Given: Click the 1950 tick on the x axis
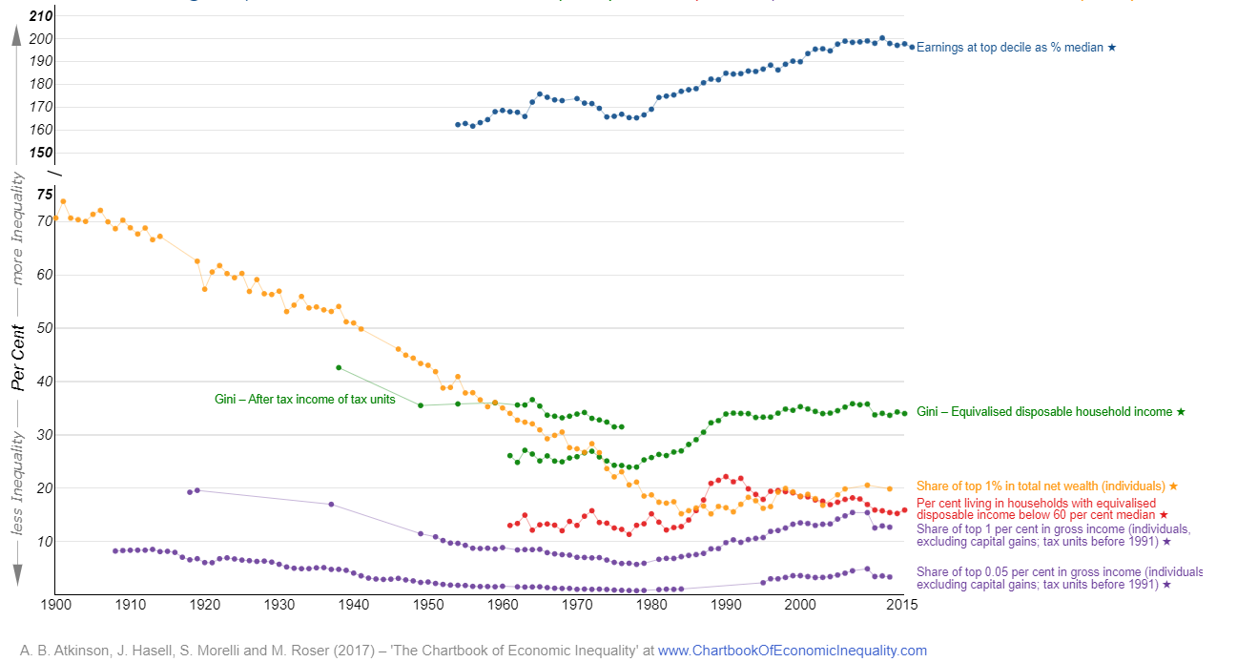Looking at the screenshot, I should click(x=428, y=605).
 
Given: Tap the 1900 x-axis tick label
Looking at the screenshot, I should click(x=56, y=605).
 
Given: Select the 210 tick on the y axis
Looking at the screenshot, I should click(x=40, y=16).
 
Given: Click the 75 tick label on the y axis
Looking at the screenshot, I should click(x=45, y=195).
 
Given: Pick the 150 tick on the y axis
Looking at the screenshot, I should click(x=41, y=154).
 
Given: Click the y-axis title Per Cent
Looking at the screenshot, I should click(x=17, y=358).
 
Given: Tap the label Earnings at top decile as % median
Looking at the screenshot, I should click(x=1016, y=47).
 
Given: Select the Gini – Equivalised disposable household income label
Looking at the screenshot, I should click(x=1050, y=412).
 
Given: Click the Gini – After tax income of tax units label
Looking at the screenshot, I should click(x=304, y=400).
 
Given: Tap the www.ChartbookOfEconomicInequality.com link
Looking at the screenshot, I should click(x=792, y=651).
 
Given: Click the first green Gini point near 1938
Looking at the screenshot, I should click(x=339, y=367).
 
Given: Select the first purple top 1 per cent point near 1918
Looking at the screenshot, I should click(x=190, y=492).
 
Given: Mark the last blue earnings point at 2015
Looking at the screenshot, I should click(x=912, y=47).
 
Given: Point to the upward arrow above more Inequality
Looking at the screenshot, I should click(x=16, y=36).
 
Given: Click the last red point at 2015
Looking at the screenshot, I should click(x=904, y=510).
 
